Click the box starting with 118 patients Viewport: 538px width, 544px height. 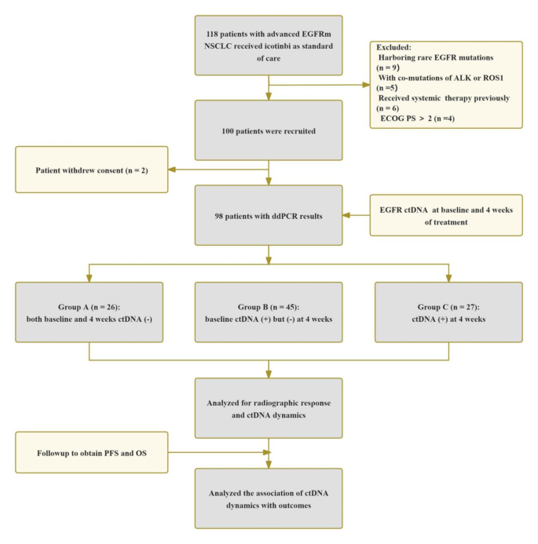point(269,46)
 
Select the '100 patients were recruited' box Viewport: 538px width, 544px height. point(269,130)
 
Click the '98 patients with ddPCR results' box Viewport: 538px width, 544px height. point(269,215)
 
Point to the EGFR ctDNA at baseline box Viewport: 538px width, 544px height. point(446,215)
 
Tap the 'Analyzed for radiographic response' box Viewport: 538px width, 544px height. point(269,407)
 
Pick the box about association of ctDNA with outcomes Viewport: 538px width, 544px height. point(269,498)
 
